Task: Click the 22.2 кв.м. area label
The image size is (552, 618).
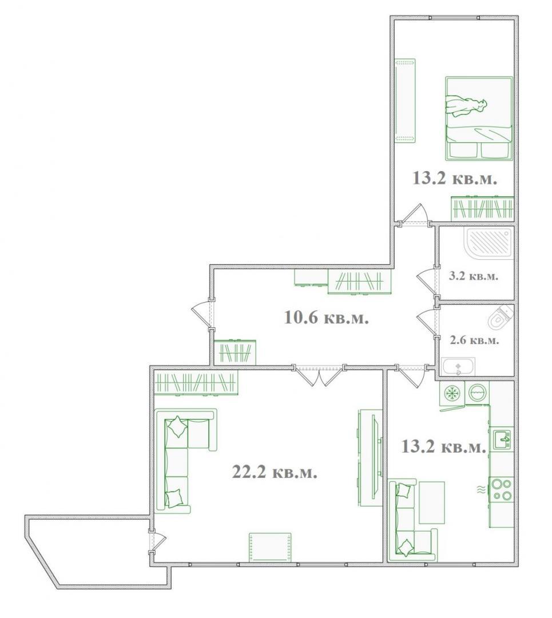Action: click(275, 471)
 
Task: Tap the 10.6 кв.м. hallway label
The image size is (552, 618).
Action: click(326, 317)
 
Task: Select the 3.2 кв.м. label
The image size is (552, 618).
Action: click(474, 275)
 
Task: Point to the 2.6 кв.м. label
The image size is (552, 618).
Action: click(474, 340)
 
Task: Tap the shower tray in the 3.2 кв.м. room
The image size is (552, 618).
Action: click(490, 243)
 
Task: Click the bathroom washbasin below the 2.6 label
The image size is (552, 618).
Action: click(458, 367)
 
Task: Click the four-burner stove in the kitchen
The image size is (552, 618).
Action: click(501, 489)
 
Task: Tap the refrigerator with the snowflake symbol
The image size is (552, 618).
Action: click(452, 393)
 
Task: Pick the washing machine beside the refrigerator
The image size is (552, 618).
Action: click(477, 393)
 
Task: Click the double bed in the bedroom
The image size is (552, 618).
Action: click(479, 118)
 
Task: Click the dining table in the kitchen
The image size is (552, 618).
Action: click(431, 502)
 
